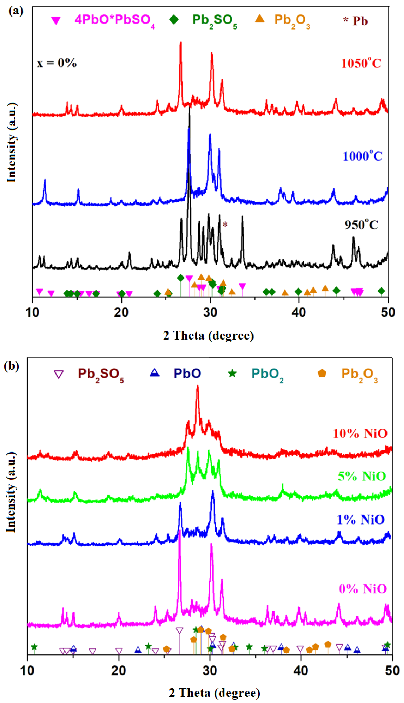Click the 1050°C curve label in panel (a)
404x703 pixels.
[x=361, y=63]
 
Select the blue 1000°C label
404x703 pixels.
[x=362, y=156]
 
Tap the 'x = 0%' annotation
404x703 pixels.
[x=57, y=63]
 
